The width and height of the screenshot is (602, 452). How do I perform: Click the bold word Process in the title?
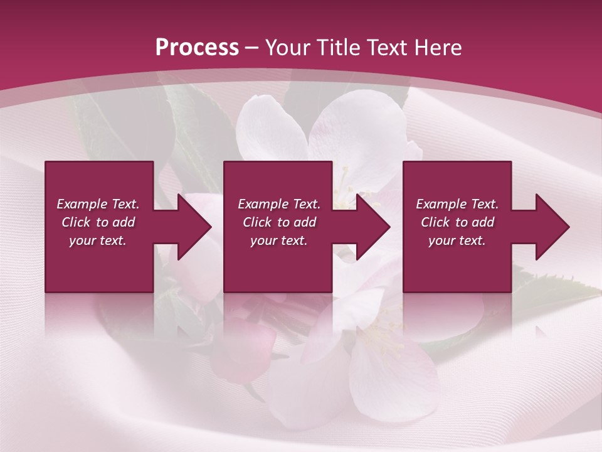(x=197, y=48)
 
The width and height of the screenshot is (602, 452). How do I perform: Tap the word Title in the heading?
(x=341, y=48)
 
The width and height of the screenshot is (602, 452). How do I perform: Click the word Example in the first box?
(x=82, y=204)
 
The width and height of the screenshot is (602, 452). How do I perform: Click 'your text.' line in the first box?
(x=98, y=240)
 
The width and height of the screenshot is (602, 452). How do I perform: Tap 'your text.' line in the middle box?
(x=278, y=240)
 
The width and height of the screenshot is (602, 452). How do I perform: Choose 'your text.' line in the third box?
(x=457, y=240)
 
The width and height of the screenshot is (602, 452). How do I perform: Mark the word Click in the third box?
(x=435, y=222)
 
